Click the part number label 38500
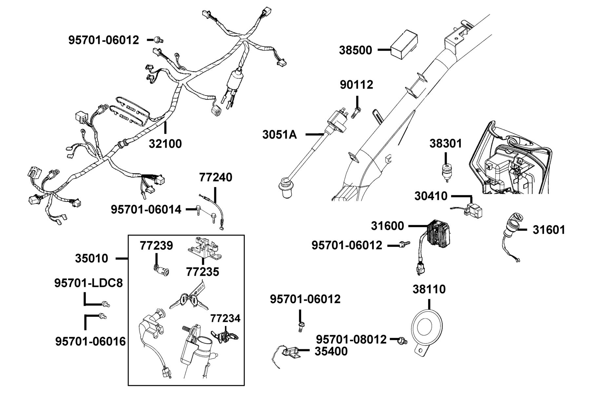tap(355, 50)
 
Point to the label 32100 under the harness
tap(165, 143)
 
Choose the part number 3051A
tap(280, 135)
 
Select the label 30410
tap(431, 196)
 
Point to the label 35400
tap(331, 351)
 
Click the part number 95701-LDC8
tap(88, 283)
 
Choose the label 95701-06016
tap(90, 341)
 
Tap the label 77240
tap(216, 177)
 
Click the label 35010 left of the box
tap(91, 258)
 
